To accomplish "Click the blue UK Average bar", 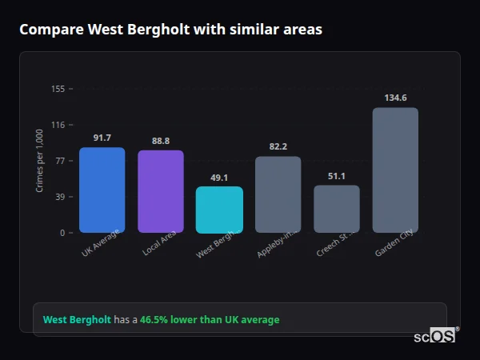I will tap(102, 190).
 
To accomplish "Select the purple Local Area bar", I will tap(161, 191).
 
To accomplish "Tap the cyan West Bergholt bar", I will tap(219, 210).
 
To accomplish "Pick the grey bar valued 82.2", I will tap(278, 194).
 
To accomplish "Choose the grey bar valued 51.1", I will tap(337, 209).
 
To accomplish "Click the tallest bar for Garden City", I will tap(395, 170).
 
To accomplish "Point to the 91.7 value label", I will tap(102, 138).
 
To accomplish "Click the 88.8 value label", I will tap(161, 142).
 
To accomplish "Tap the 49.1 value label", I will tap(219, 178).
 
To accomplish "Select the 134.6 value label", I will tap(395, 98).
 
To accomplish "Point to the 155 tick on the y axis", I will tap(58, 89).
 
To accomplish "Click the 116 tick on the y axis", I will tap(58, 125).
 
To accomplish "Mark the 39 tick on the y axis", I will tap(59, 197).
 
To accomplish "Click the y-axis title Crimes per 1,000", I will tap(40, 161).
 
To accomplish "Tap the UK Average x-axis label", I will tap(100, 243).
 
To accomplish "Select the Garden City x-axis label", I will tap(394, 243).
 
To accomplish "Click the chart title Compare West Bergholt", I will tap(170, 30).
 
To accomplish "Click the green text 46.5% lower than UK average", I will tap(210, 320).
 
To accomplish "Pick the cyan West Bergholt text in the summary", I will tap(77, 320).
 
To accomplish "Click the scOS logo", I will tap(434, 337).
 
